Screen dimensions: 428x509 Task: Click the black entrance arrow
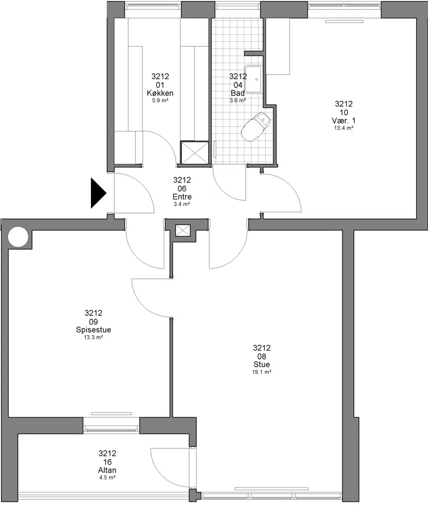pos(98,193)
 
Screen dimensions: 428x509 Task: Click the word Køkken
pos(160,93)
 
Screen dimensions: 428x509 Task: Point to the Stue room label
pos(262,364)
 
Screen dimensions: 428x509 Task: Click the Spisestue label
pos(94,330)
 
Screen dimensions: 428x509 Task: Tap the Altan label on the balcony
pos(107,470)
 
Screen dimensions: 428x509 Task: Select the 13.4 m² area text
pos(343,128)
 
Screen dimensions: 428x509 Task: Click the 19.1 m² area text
pos(262,372)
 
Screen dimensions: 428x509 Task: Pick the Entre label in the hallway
pos(182,197)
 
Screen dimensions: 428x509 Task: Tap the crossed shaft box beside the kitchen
pos(194,153)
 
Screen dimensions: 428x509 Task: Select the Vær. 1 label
pos(343,120)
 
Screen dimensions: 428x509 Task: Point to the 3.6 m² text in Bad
pos(238,101)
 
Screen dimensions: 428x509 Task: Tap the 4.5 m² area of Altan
pos(107,477)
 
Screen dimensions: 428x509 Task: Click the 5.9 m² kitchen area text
pos(160,101)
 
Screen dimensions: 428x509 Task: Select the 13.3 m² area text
pos(94,337)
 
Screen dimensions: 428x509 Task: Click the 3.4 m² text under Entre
pos(182,204)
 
